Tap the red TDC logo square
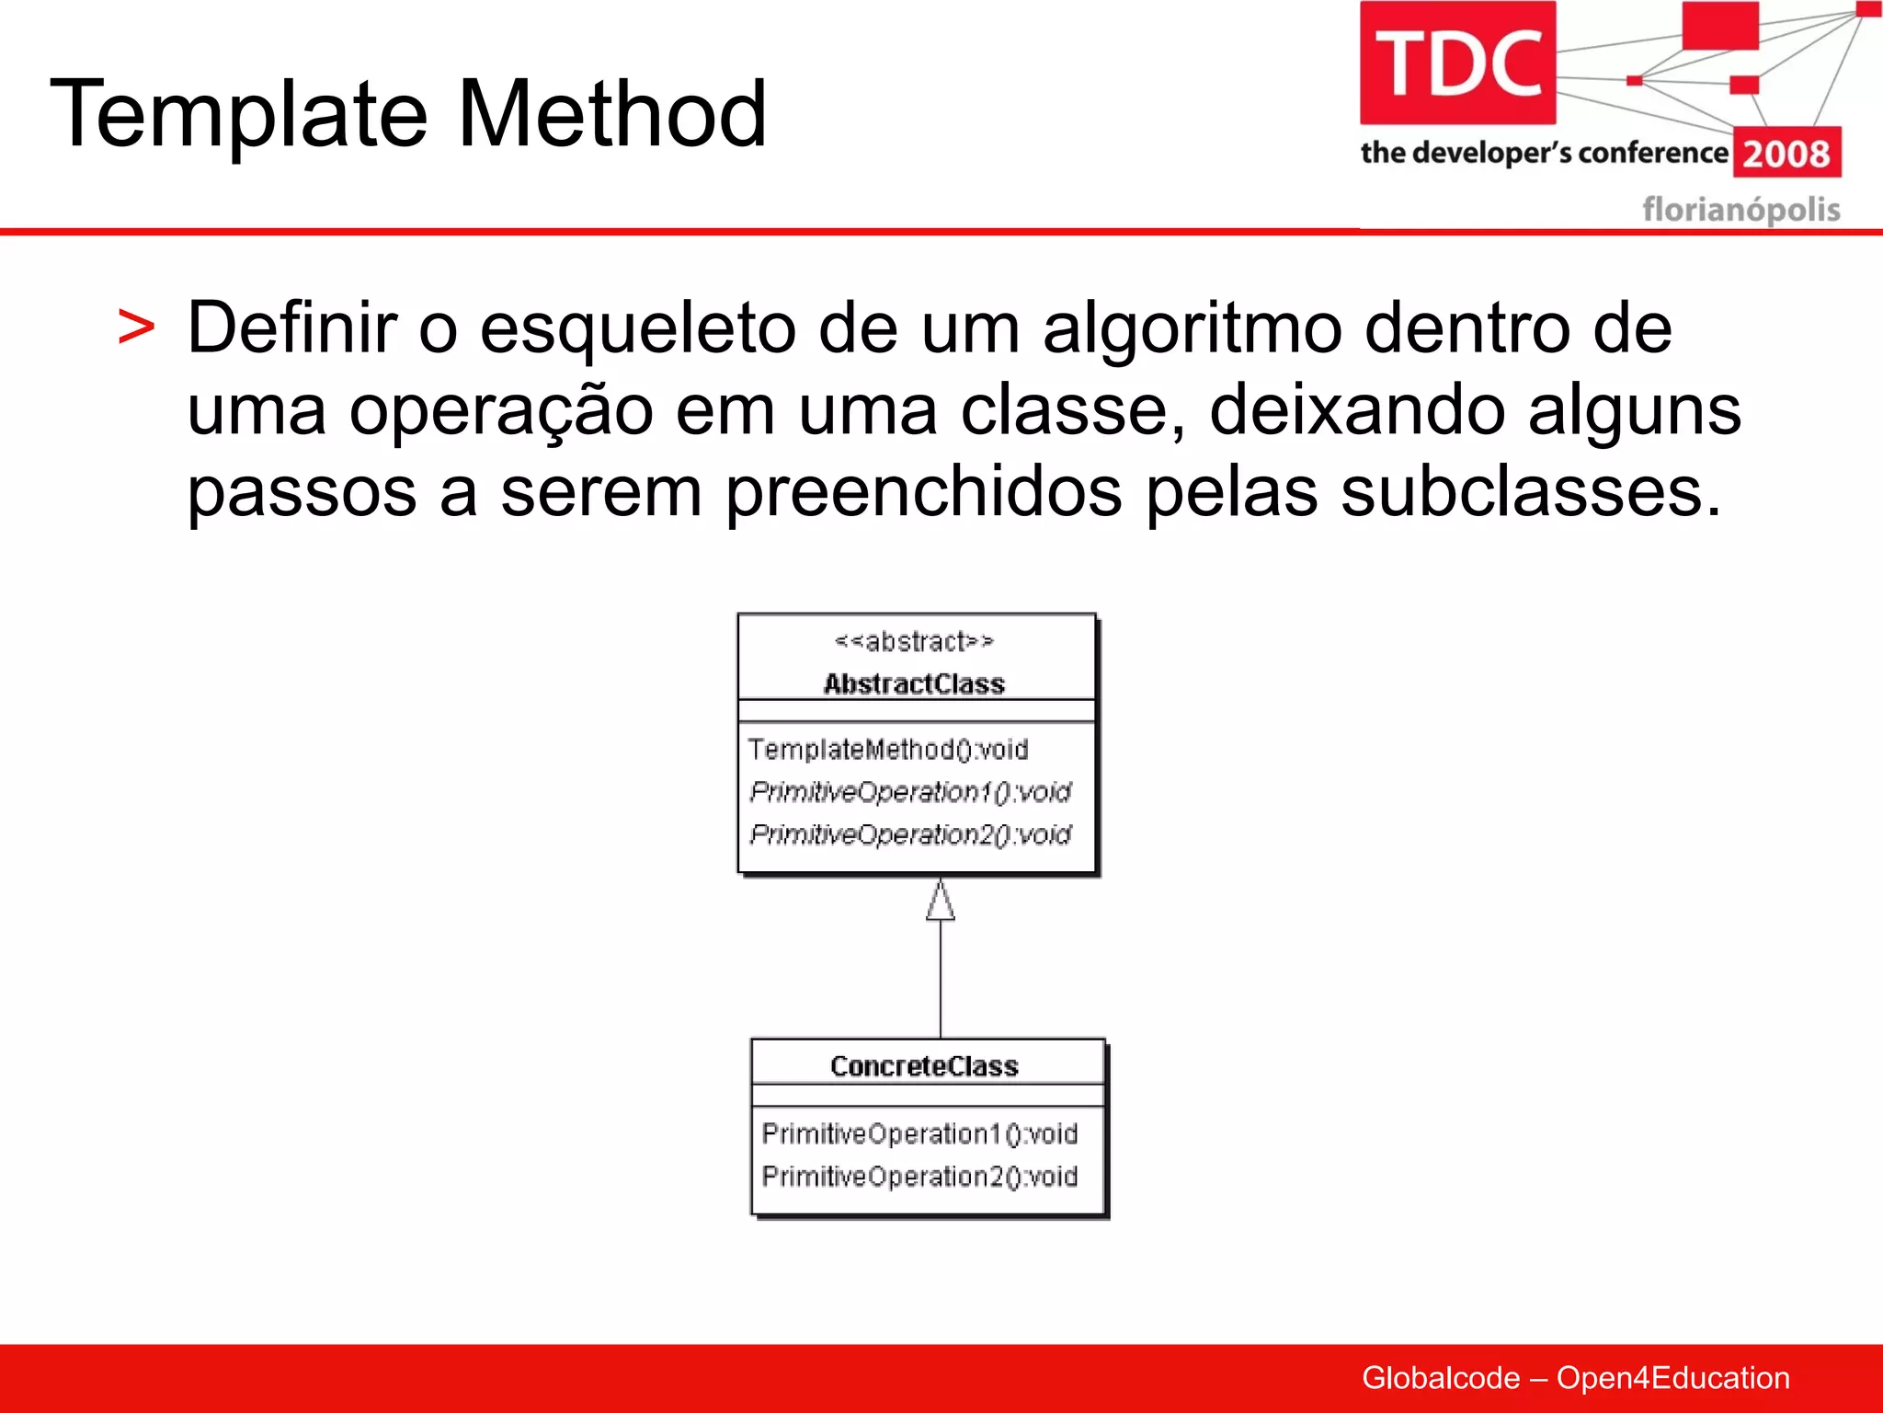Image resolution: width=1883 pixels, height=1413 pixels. [x=1457, y=63]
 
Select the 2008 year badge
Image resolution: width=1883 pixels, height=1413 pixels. [x=1786, y=153]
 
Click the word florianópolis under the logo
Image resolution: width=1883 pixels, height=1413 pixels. [x=1740, y=210]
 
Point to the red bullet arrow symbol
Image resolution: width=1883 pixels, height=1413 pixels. [x=136, y=328]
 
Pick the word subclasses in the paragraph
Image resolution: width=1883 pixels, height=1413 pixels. [x=1530, y=491]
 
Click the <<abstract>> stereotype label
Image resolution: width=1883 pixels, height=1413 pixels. [x=914, y=641]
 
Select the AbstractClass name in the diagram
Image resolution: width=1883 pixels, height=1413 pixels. [x=914, y=684]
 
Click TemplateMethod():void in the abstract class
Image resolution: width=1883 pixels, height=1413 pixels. [x=887, y=750]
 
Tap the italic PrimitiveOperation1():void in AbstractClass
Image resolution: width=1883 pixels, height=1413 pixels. [x=910, y=792]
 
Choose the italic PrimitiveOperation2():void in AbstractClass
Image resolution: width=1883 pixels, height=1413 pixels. [x=910, y=834]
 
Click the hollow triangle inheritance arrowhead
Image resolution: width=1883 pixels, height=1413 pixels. [x=940, y=902]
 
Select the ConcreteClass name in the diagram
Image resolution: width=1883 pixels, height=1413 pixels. [x=924, y=1066]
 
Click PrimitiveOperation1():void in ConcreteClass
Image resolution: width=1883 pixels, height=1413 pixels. [x=919, y=1134]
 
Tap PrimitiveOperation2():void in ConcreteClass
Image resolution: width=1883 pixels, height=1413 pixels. [x=919, y=1177]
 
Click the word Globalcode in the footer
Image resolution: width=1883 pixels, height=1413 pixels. [x=1440, y=1378]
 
